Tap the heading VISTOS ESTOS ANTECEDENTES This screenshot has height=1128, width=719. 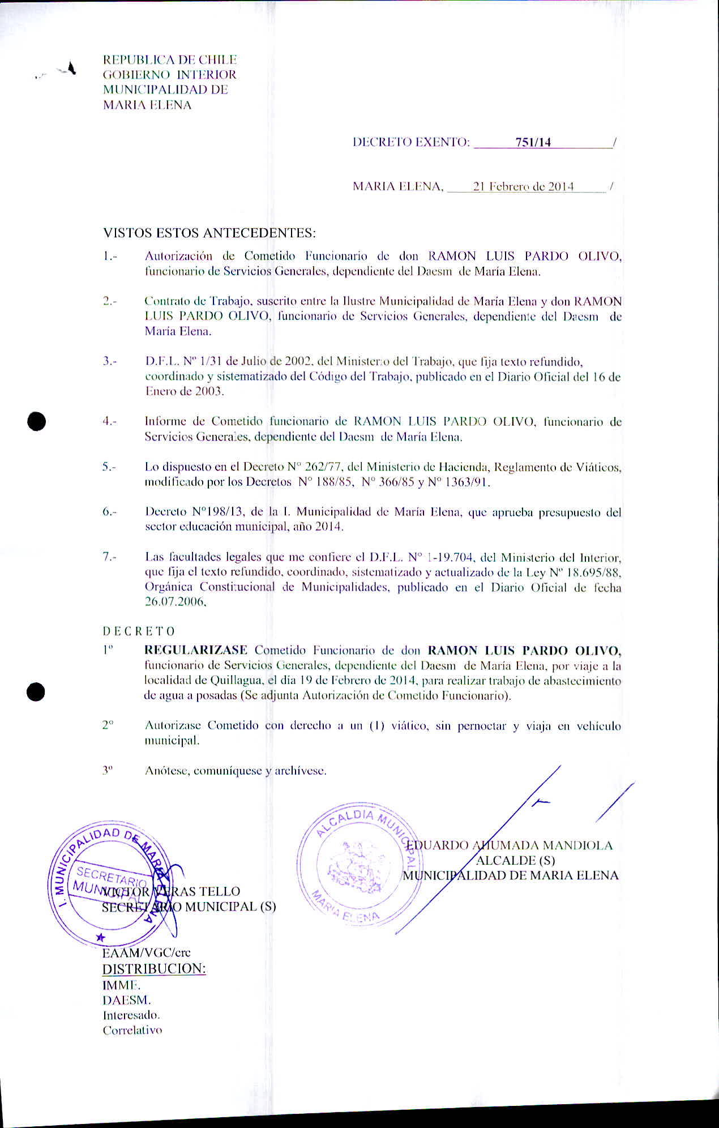click(x=209, y=233)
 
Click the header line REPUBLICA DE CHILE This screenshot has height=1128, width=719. click(x=169, y=59)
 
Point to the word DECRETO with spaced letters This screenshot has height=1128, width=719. click(x=139, y=631)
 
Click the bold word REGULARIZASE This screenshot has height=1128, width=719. click(x=196, y=650)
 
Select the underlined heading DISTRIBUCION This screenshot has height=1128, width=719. click(x=153, y=968)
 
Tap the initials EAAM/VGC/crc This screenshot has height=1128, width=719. click(x=146, y=952)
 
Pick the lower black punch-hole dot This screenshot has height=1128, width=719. click(x=36, y=692)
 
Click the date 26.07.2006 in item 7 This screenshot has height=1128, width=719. click(x=175, y=603)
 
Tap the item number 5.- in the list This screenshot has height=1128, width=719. click(x=109, y=468)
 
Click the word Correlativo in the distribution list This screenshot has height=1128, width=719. click(x=132, y=1030)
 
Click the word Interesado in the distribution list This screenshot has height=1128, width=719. click(x=131, y=1015)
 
